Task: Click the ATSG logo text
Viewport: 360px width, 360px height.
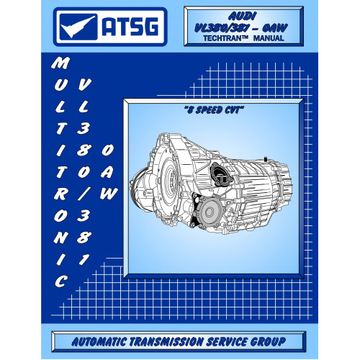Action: pyautogui.click(x=130, y=27)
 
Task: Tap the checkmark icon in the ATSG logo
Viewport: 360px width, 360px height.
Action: pyautogui.click(x=78, y=27)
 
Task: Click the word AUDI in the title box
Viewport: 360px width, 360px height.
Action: pyautogui.click(x=243, y=17)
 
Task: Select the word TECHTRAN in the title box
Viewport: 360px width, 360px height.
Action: pyautogui.click(x=223, y=38)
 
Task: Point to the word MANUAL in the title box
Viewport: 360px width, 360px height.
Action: pyautogui.click(x=269, y=38)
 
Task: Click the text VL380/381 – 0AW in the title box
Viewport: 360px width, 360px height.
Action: pyautogui.click(x=240, y=28)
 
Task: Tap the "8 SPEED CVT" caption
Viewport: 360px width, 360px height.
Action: pyautogui.click(x=214, y=110)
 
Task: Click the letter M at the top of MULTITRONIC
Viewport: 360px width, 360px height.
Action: pyautogui.click(x=60, y=63)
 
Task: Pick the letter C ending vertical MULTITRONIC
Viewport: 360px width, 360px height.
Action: pyautogui.click(x=60, y=281)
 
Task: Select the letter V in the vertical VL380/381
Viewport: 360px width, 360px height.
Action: pyautogui.click(x=84, y=84)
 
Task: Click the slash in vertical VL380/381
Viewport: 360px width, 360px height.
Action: pyautogui.click(x=84, y=194)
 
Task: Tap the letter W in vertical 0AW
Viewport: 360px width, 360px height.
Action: pyautogui.click(x=109, y=194)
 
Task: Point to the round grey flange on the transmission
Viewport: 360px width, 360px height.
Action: pyautogui.click(x=210, y=212)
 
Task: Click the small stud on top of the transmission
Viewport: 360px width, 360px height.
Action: pyautogui.click(x=266, y=159)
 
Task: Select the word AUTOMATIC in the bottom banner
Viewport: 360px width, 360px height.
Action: pyautogui.click(x=99, y=341)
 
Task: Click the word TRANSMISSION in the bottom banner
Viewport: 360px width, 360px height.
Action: pyautogui.click(x=166, y=341)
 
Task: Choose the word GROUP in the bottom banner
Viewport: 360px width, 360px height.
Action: pyautogui.click(x=269, y=341)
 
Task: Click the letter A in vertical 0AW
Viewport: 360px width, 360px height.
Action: pyautogui.click(x=107, y=172)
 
